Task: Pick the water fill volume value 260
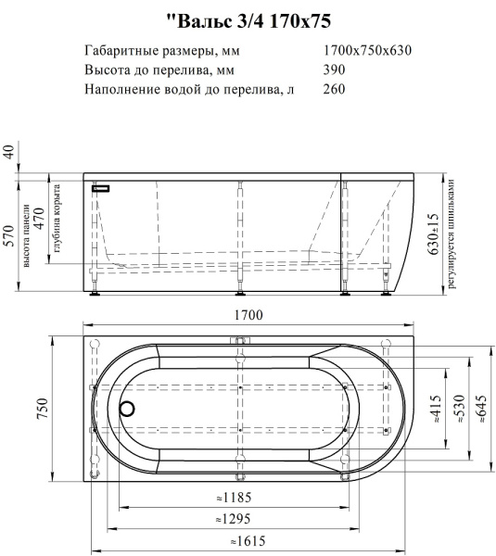click(x=334, y=90)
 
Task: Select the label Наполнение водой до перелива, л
click(x=188, y=90)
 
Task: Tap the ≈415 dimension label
click(x=434, y=409)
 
